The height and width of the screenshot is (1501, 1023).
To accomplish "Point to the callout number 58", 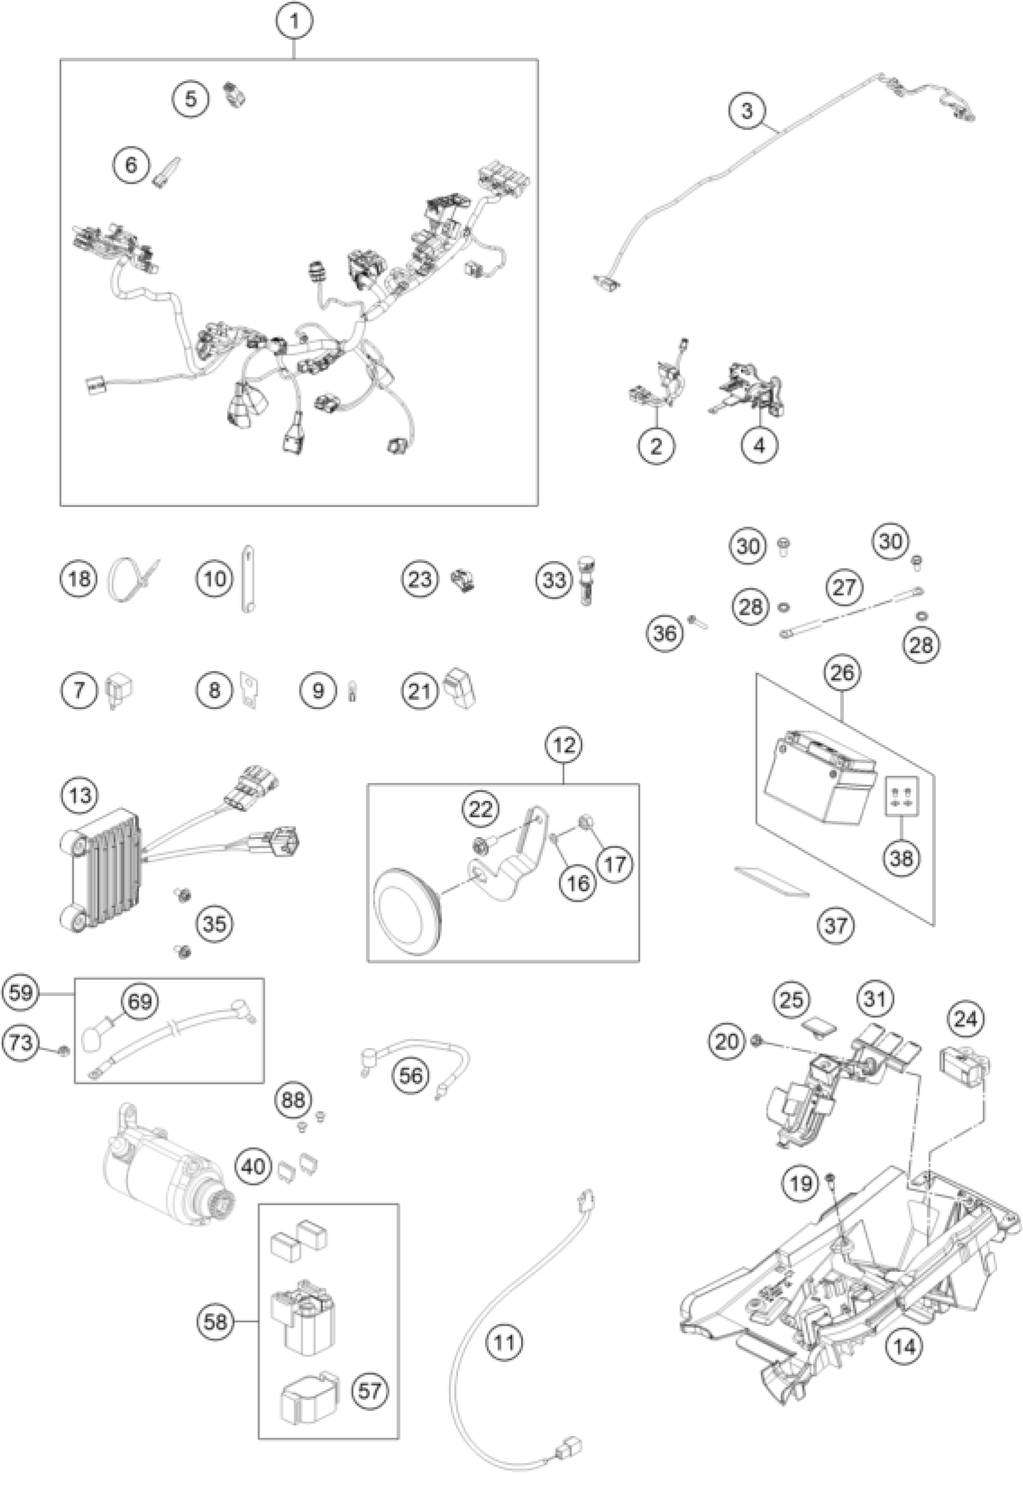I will tap(215, 1322).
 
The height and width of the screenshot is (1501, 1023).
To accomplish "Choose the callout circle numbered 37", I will tap(835, 925).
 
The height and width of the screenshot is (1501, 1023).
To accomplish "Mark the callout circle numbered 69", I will tap(140, 1001).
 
